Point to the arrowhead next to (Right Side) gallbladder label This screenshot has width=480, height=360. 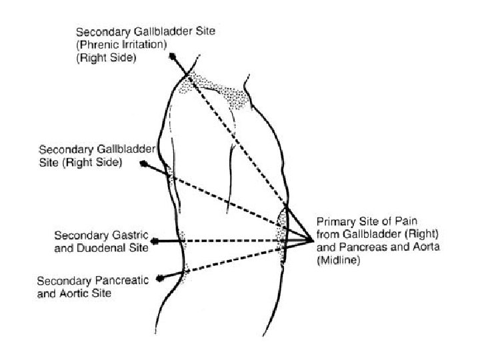143,163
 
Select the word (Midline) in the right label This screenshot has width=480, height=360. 339,261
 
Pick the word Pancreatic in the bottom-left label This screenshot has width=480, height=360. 117,281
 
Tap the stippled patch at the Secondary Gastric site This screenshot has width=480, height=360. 181,237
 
